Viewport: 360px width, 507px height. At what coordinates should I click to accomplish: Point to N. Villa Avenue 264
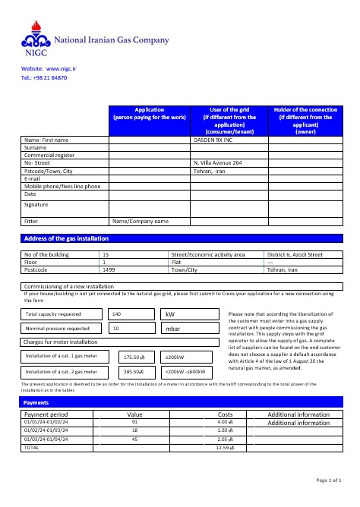(x=218, y=163)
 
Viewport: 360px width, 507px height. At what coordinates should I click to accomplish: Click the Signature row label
(x=36, y=204)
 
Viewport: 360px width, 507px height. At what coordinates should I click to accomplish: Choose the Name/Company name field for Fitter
(x=141, y=222)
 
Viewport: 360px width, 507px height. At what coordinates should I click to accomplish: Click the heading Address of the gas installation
(x=66, y=239)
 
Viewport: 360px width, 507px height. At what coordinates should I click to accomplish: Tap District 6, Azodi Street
(x=295, y=254)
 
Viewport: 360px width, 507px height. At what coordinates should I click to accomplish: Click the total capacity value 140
(x=116, y=313)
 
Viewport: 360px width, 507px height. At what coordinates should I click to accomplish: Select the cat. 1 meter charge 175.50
(x=134, y=357)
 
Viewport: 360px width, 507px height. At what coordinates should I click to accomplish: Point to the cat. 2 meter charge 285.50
(x=134, y=372)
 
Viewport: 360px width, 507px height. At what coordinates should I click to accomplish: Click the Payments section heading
(x=36, y=402)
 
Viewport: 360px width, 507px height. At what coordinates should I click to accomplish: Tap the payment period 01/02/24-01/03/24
(x=46, y=430)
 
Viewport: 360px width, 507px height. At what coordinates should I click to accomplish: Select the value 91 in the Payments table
(x=134, y=422)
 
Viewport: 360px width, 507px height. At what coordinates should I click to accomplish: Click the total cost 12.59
(x=224, y=448)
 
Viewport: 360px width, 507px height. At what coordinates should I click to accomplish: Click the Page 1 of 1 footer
(x=327, y=480)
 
